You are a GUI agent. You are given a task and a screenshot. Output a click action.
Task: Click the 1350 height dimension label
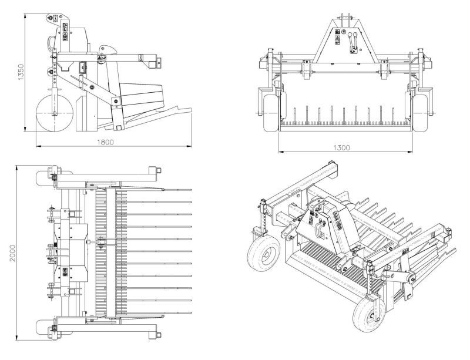[x=21, y=72]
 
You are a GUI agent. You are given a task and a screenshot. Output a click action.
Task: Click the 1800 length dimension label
[x=106, y=142]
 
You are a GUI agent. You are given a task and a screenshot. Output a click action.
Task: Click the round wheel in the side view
[x=54, y=113]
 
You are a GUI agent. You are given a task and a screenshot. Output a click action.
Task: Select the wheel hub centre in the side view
[x=54, y=113]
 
